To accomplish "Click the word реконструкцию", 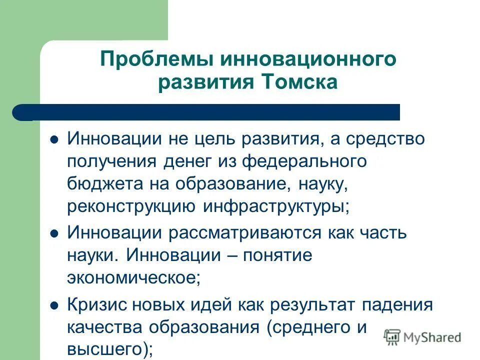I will pos(132,206).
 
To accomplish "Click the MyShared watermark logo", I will pos(422,337).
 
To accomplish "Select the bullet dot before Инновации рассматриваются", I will pos(55,233).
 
